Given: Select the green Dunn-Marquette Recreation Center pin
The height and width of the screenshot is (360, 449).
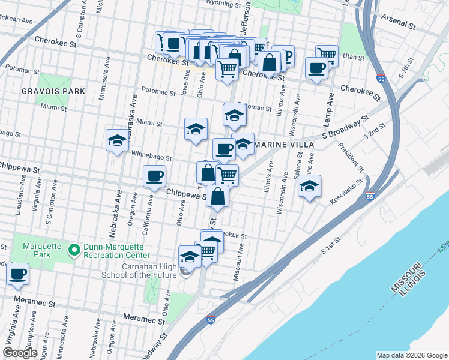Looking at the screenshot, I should [74, 249].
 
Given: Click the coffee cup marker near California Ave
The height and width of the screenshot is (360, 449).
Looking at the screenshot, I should [154, 176].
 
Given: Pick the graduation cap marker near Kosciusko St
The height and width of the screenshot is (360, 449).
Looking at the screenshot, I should [309, 186].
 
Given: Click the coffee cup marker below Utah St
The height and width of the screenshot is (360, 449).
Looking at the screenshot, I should [316, 67].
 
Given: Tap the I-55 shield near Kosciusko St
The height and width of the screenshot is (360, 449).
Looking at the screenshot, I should [370, 196].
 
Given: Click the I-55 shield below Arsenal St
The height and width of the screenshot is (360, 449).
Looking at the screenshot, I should [381, 78].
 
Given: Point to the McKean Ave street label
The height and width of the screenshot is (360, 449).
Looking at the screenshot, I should [16, 20].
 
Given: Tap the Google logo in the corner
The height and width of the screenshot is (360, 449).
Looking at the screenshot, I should [20, 352].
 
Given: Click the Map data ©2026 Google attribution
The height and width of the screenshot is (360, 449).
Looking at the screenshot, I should [411, 355].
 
